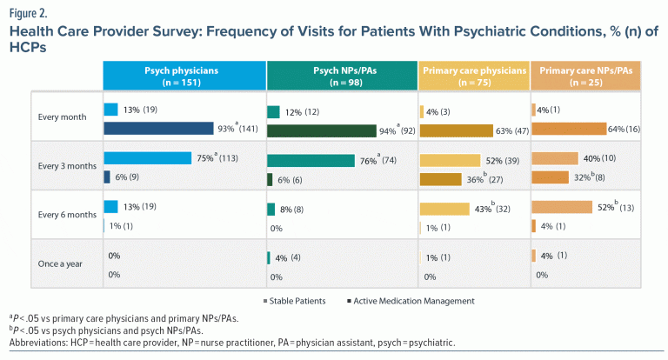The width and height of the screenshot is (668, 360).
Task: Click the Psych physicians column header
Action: click(x=184, y=74)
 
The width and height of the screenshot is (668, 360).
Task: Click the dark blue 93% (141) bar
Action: click(x=158, y=129)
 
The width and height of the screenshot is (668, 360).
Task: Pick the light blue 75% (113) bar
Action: click(x=147, y=158)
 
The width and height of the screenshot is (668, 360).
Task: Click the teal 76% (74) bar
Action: click(x=311, y=160)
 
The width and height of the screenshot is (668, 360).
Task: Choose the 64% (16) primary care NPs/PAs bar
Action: click(x=568, y=129)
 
